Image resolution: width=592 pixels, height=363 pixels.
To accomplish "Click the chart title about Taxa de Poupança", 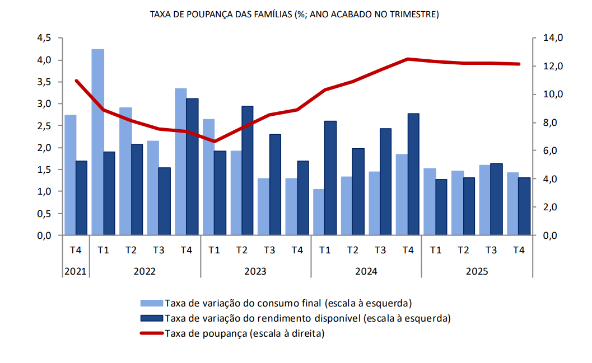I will [295, 15].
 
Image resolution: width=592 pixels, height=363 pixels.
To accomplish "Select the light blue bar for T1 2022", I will [98, 142].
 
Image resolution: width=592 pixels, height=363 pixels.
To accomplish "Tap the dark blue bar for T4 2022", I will [192, 167].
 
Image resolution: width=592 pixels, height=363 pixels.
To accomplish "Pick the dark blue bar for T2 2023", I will [247, 171].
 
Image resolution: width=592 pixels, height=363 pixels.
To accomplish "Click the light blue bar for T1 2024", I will [319, 212].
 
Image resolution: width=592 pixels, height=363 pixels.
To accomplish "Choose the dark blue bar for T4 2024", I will [413, 174].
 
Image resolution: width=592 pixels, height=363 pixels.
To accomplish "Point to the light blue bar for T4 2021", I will [71, 175].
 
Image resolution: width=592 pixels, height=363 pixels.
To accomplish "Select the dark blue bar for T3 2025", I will [496, 199].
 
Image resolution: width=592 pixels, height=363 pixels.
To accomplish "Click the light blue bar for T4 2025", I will [513, 204].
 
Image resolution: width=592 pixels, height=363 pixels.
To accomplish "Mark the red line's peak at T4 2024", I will [408, 59].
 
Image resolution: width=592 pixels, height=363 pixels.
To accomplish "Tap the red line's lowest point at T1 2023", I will [215, 142].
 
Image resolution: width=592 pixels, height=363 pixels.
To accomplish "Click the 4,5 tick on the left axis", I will [44, 38].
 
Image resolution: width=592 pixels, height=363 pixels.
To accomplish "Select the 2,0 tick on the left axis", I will [44, 148].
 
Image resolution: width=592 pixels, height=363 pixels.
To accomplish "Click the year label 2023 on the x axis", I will [255, 271].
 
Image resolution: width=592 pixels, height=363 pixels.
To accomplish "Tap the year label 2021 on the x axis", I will [75, 271].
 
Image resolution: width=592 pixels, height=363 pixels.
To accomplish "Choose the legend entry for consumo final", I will [276, 303].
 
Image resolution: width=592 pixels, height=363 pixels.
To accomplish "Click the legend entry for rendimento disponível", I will [295, 318].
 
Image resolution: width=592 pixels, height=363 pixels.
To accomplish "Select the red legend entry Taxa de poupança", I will [232, 333].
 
